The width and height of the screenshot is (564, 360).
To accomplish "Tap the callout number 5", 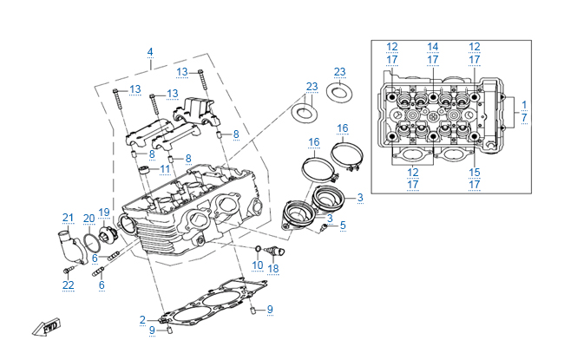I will tap(342, 226).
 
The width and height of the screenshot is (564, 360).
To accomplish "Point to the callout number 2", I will tap(142, 320).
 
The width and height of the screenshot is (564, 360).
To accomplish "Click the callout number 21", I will tap(67, 217).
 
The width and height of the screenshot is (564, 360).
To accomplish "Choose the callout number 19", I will tap(104, 213).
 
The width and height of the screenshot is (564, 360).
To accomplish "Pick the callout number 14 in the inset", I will tap(433, 46).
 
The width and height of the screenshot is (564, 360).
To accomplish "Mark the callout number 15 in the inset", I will tap(475, 173).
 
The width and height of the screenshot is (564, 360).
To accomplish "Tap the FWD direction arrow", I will tap(45, 328).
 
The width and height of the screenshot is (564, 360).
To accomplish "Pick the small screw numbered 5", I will tap(325, 227).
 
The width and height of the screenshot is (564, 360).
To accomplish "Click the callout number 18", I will tap(273, 269).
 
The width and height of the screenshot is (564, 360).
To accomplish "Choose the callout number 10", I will tap(258, 265).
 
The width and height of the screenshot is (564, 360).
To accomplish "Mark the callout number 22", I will tap(68, 285).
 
